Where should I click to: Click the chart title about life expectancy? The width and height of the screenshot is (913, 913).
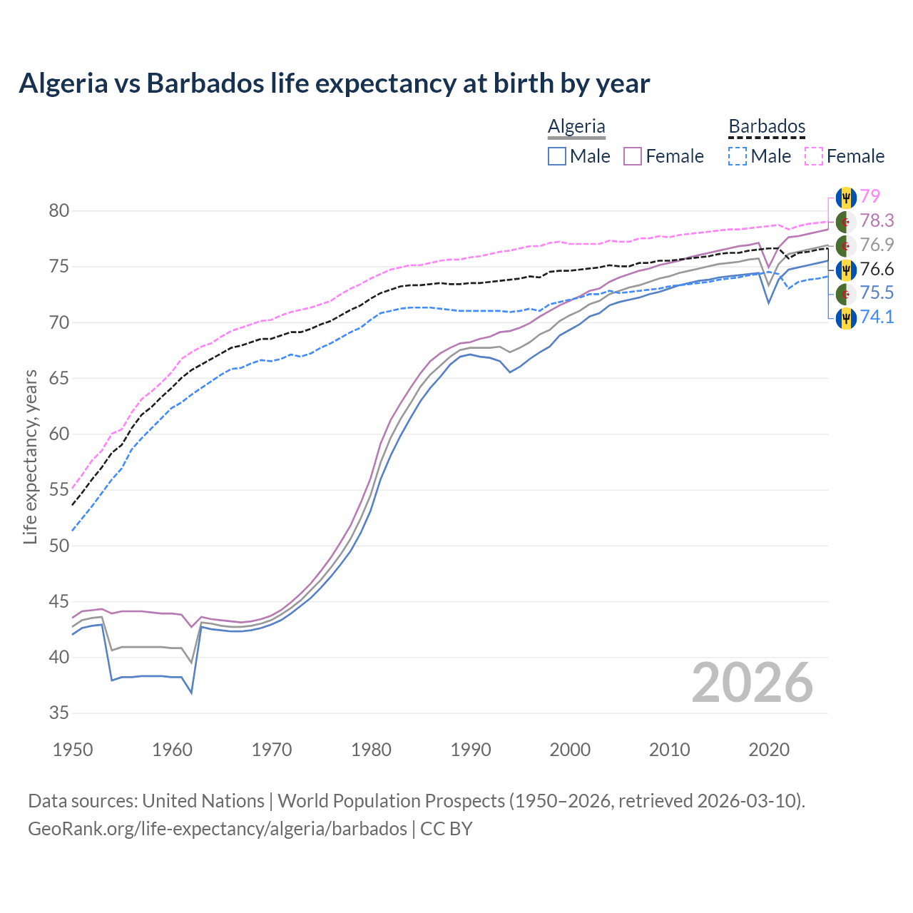click(334, 83)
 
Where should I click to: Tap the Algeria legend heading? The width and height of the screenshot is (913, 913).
click(576, 126)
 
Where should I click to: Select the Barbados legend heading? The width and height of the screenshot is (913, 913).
click(767, 126)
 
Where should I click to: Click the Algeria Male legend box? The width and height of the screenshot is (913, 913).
click(557, 156)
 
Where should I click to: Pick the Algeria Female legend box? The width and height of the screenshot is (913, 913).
click(633, 156)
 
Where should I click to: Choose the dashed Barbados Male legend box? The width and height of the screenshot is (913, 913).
click(738, 156)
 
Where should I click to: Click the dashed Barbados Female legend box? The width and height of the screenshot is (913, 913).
click(814, 156)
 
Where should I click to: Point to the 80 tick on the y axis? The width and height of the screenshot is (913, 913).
click(59, 210)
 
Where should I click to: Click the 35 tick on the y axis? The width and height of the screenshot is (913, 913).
click(59, 713)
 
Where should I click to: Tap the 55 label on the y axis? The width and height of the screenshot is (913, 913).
click(59, 490)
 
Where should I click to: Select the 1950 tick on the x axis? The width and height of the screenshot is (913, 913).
click(73, 750)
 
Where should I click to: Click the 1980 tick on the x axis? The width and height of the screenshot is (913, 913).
click(371, 750)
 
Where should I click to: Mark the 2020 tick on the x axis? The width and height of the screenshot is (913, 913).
click(769, 750)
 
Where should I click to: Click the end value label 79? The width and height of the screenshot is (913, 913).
click(869, 196)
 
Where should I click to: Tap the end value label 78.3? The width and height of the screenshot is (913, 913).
click(877, 220)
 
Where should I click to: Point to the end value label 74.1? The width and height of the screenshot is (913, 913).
click(877, 317)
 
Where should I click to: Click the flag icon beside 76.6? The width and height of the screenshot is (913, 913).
click(845, 269)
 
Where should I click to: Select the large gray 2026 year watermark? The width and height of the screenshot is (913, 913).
click(752, 683)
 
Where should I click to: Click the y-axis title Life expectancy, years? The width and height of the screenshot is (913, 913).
click(30, 456)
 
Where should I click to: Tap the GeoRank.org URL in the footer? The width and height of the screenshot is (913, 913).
click(218, 829)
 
